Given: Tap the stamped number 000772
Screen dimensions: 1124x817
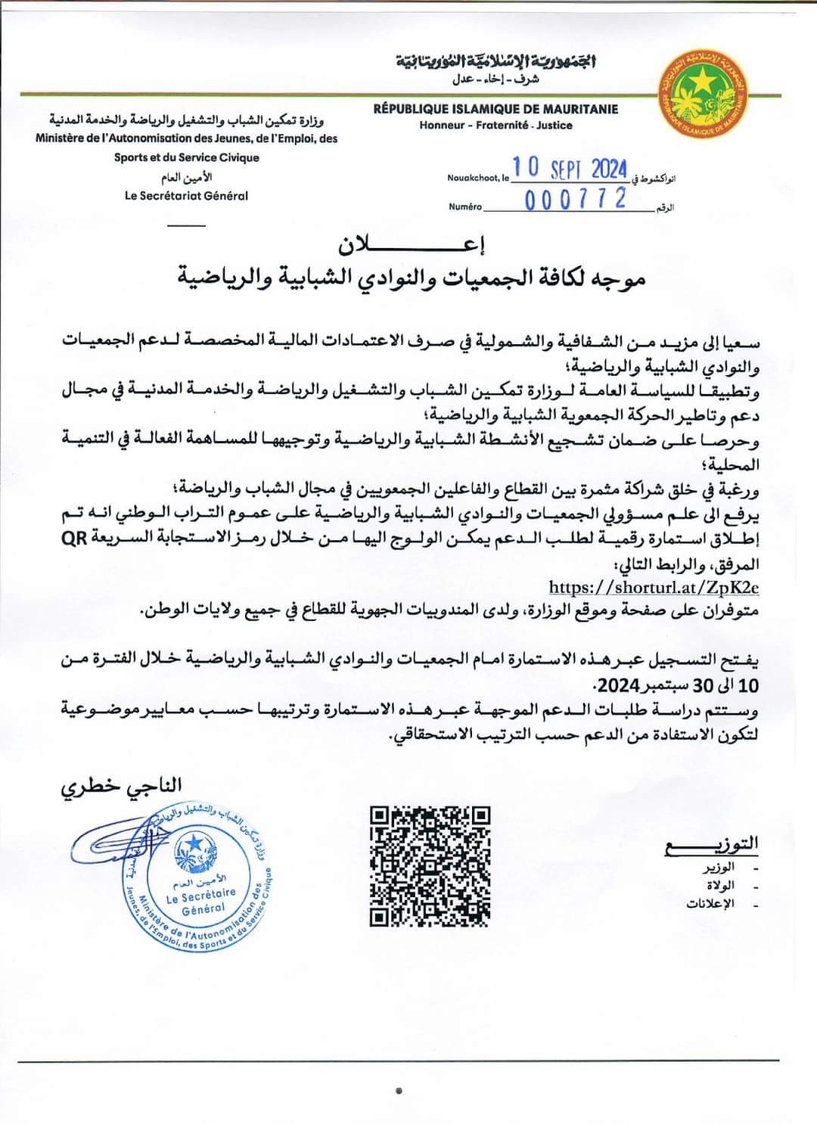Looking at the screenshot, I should [x=576, y=199].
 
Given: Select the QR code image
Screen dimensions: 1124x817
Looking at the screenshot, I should [x=430, y=866].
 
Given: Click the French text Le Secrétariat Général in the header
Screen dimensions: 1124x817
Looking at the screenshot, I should [x=186, y=195].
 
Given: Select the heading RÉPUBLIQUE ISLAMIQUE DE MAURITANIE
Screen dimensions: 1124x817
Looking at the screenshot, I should [x=495, y=109].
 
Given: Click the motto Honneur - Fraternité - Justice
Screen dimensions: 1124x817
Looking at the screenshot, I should [x=495, y=126].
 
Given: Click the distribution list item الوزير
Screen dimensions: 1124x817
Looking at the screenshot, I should [x=716, y=868].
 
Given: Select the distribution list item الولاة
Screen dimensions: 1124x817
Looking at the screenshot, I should [x=719, y=886].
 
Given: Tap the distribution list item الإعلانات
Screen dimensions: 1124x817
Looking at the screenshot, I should [x=710, y=904].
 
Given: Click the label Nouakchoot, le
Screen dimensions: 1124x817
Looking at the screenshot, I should [x=477, y=178].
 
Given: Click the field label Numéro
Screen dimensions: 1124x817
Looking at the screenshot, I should [x=464, y=206].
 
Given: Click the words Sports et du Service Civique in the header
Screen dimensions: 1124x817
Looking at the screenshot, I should [x=186, y=157].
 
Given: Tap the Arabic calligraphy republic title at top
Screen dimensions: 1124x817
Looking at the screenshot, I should [x=495, y=61].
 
